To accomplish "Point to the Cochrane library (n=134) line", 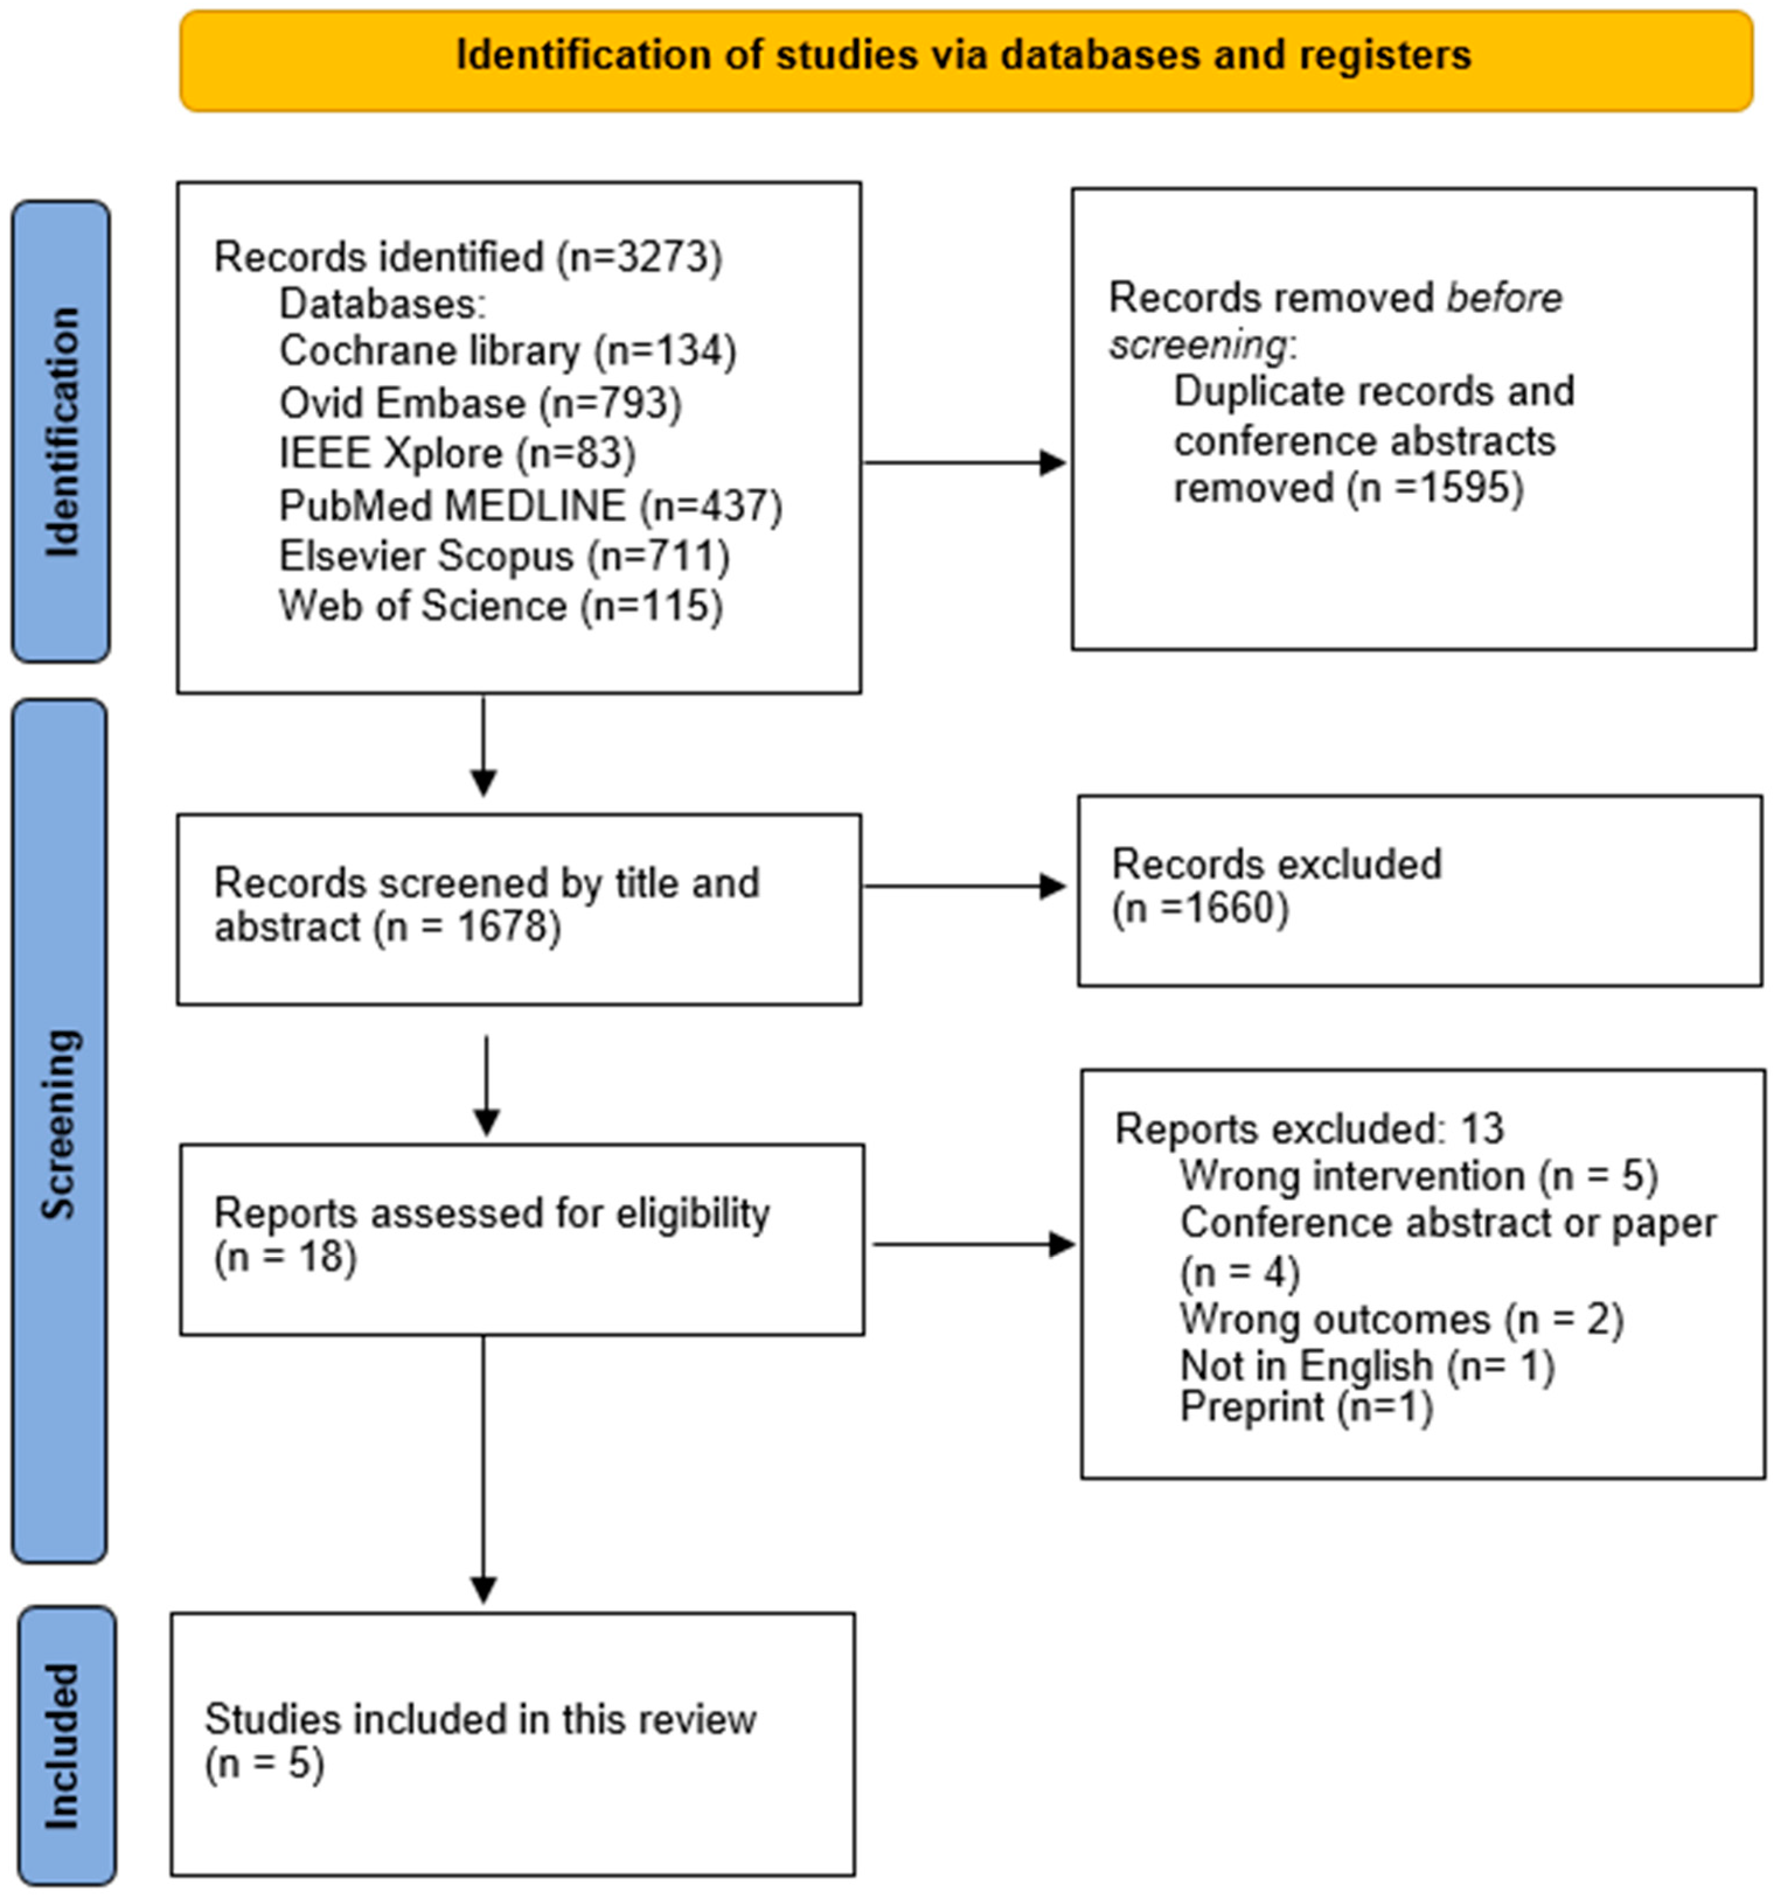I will click(507, 351).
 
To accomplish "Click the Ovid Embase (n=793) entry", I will click(480, 402).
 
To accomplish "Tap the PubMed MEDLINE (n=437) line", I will click(531, 505).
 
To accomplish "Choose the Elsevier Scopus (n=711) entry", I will click(504, 555).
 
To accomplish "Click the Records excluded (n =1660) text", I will click(1276, 886).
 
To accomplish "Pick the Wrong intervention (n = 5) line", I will click(1419, 1176).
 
